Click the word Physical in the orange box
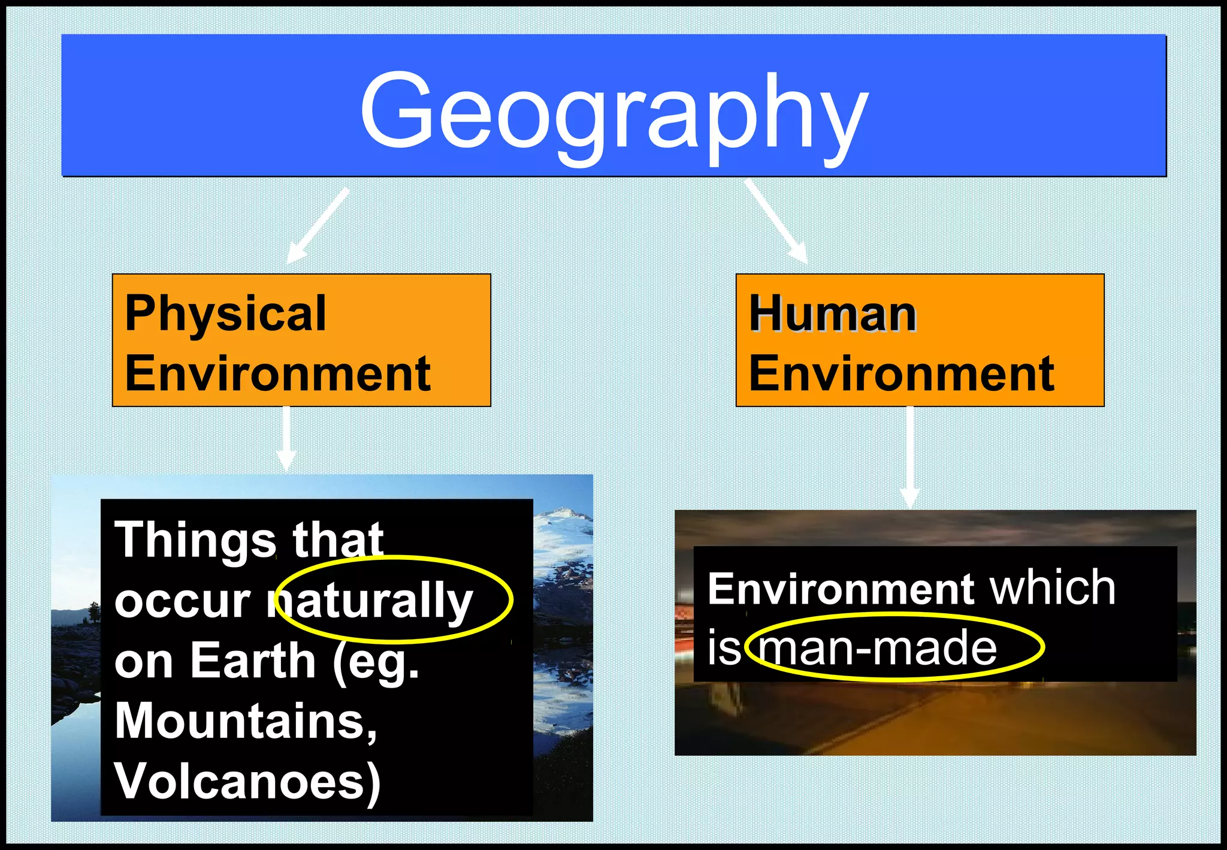tap(225, 314)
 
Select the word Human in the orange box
tap(833, 314)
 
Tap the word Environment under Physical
tap(277, 373)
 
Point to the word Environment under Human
tap(902, 373)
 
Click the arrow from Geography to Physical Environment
tap(318, 225)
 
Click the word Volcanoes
tap(247, 781)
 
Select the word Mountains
tap(246, 721)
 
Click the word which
tap(1052, 588)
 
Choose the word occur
tap(182, 601)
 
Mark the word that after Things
tap(338, 539)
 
